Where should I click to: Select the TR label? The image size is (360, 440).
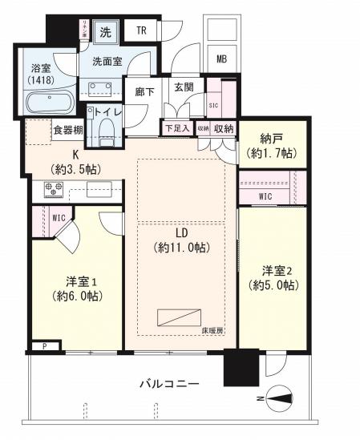coord(141,31)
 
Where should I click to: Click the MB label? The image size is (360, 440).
coord(220,58)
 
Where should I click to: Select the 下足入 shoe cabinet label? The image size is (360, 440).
coord(176,127)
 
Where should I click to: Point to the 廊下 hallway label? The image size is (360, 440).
coord(144,91)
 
